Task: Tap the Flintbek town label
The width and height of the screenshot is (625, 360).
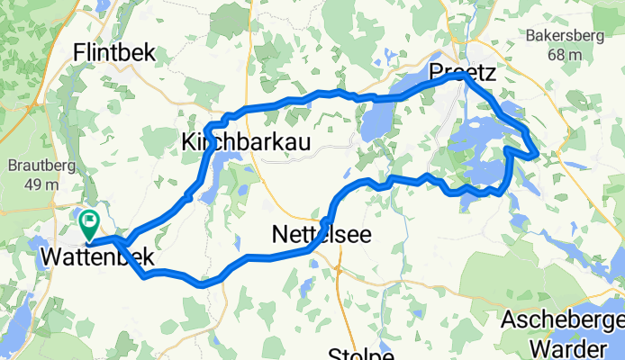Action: (x=116, y=52)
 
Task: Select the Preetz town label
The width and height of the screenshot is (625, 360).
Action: (x=464, y=71)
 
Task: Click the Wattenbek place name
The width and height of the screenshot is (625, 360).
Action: (x=96, y=259)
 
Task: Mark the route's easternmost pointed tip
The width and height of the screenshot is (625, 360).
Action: (x=538, y=155)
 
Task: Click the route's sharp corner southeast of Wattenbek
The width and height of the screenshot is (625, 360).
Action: (x=144, y=275)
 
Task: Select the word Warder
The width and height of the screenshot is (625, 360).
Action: (x=565, y=346)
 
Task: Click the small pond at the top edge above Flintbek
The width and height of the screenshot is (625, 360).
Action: (x=101, y=6)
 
